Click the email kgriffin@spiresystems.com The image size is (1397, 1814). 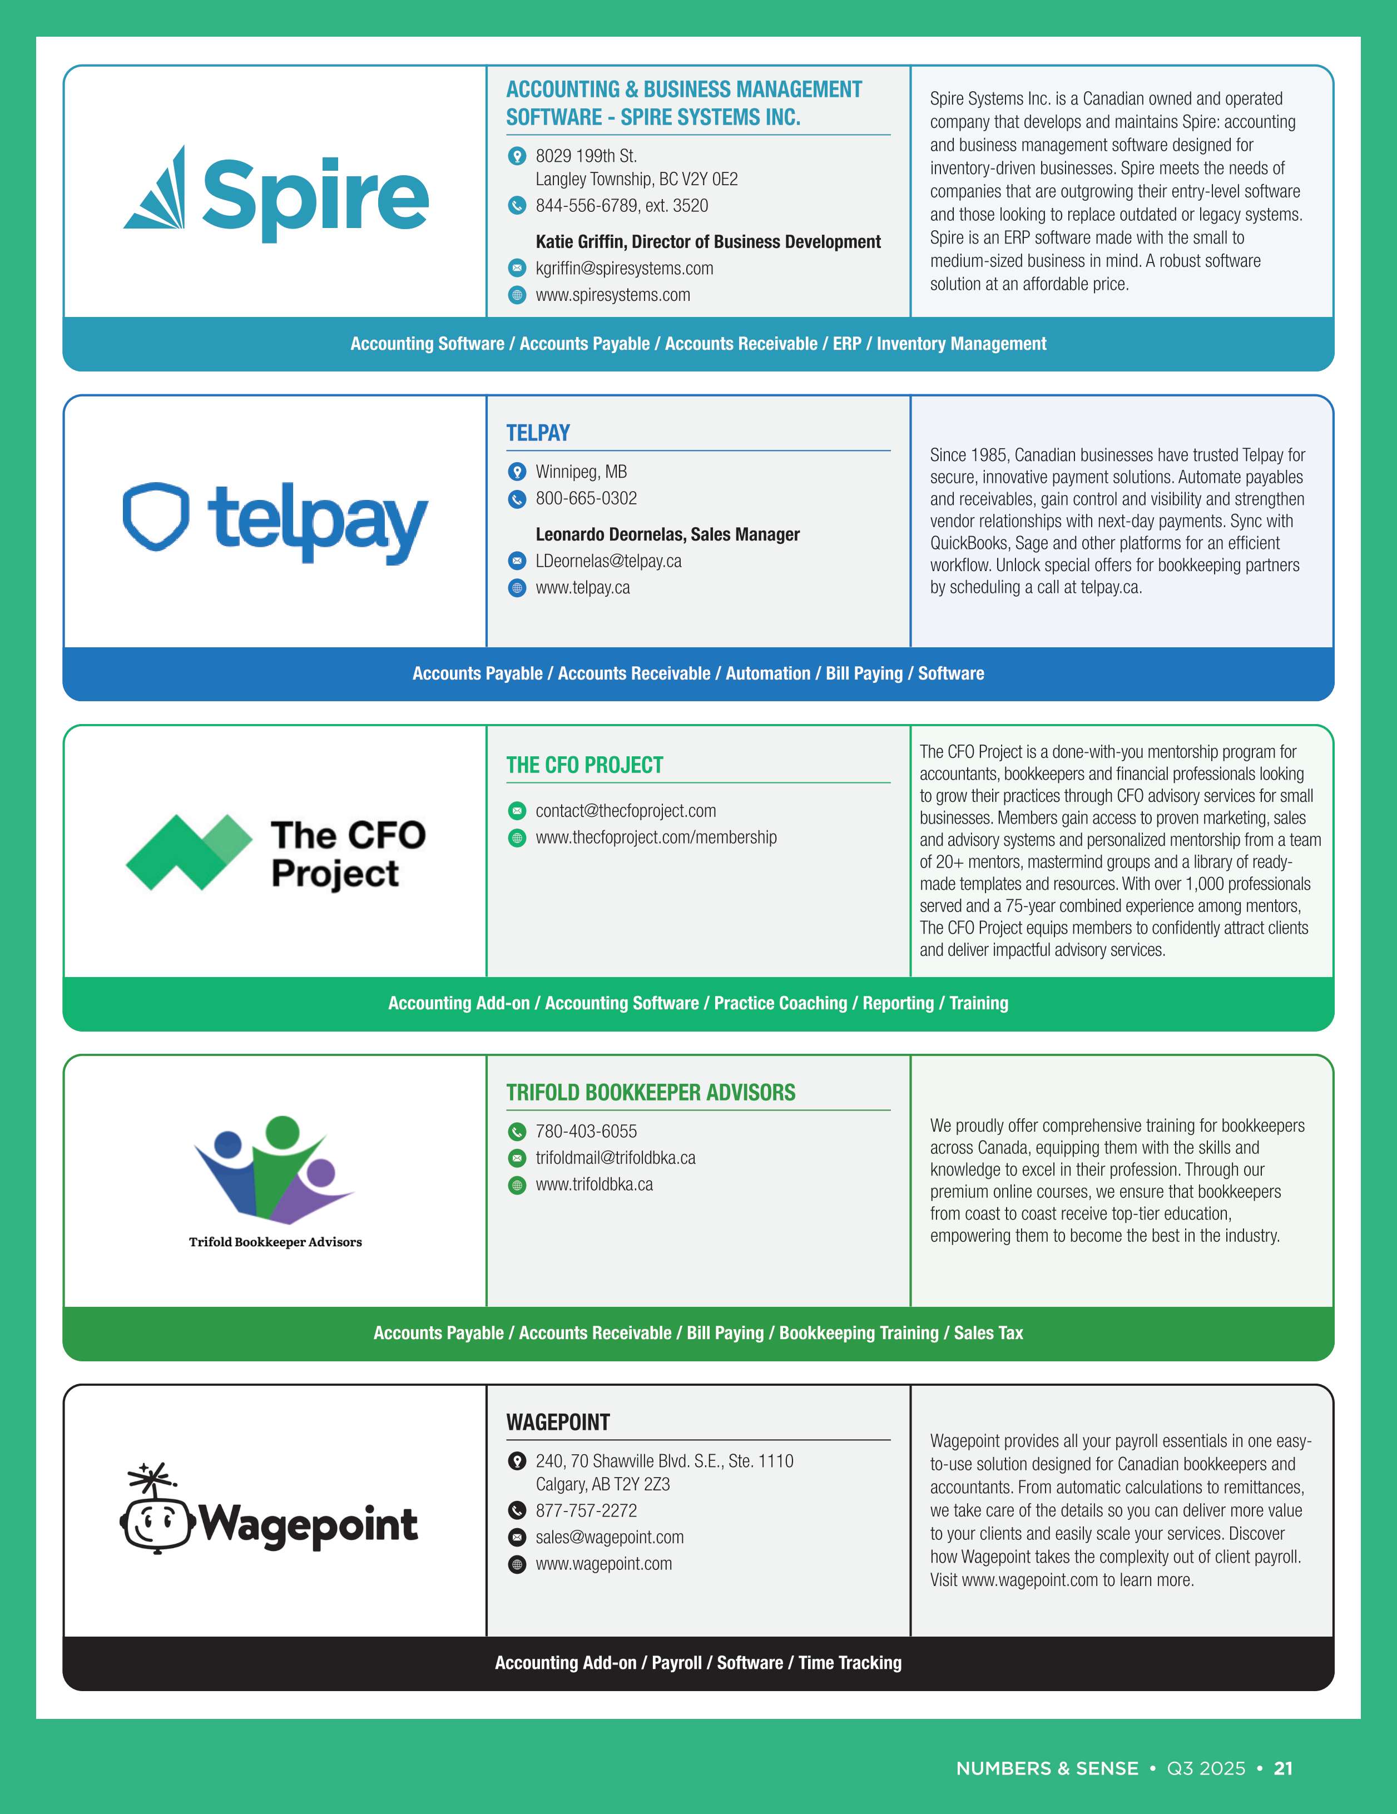click(625, 268)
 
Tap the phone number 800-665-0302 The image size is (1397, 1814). click(586, 498)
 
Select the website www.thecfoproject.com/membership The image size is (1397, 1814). click(656, 837)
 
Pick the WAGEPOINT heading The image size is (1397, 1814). click(558, 1422)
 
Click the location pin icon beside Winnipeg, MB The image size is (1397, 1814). click(517, 472)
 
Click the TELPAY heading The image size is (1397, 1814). click(538, 433)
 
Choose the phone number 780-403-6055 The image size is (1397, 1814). click(586, 1131)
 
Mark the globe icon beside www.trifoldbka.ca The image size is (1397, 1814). click(517, 1184)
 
